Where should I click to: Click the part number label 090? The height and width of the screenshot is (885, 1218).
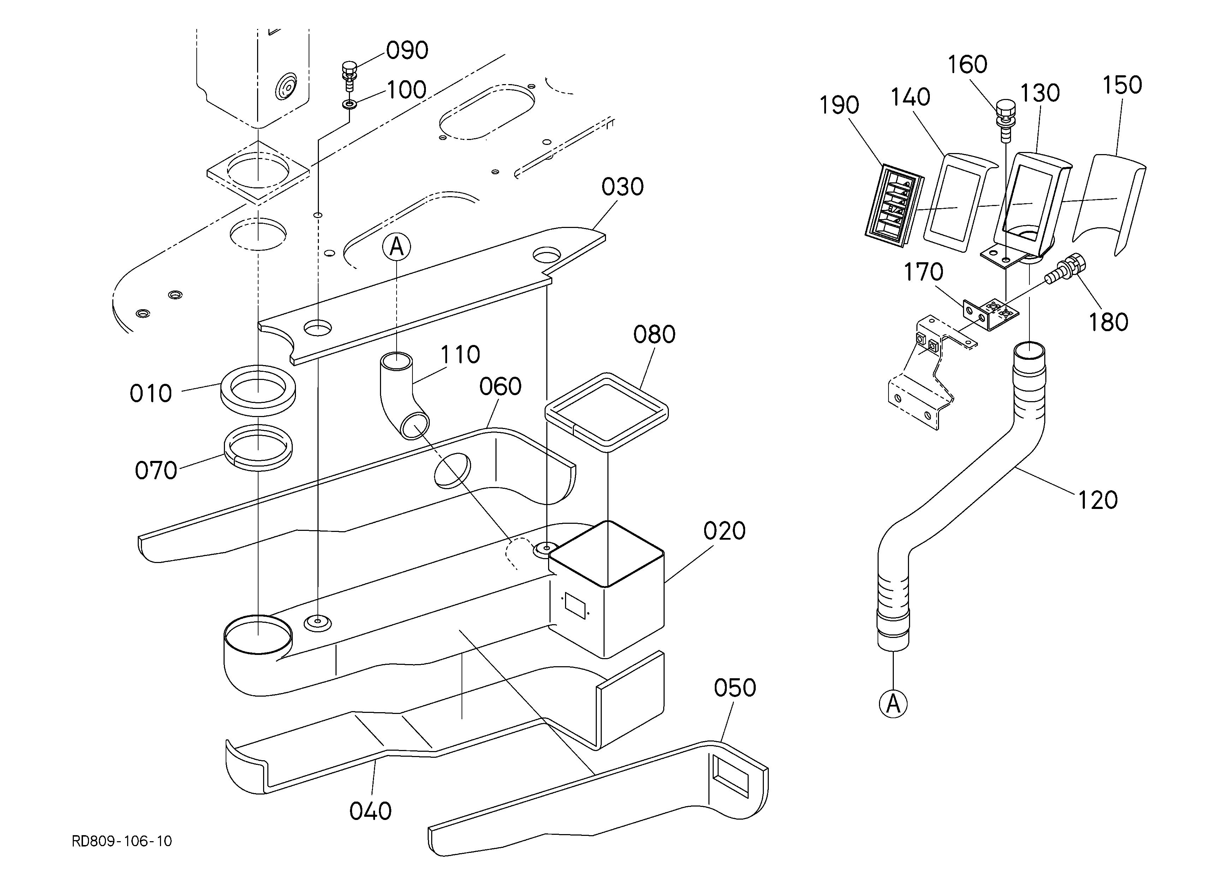click(x=407, y=51)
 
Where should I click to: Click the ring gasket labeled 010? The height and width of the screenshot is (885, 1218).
click(x=258, y=391)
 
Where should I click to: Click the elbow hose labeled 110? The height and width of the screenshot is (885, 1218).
click(x=400, y=395)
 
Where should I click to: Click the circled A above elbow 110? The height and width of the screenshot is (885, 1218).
click(x=396, y=247)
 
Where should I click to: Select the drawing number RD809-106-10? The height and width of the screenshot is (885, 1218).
click(x=122, y=841)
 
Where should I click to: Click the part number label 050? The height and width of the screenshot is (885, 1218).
click(x=735, y=688)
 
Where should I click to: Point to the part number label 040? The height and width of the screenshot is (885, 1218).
click(x=370, y=811)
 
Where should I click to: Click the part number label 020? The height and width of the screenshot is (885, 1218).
click(x=724, y=531)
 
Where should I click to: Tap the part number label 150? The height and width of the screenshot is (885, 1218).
click(x=1122, y=85)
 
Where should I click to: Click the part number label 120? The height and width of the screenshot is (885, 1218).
click(x=1098, y=500)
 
